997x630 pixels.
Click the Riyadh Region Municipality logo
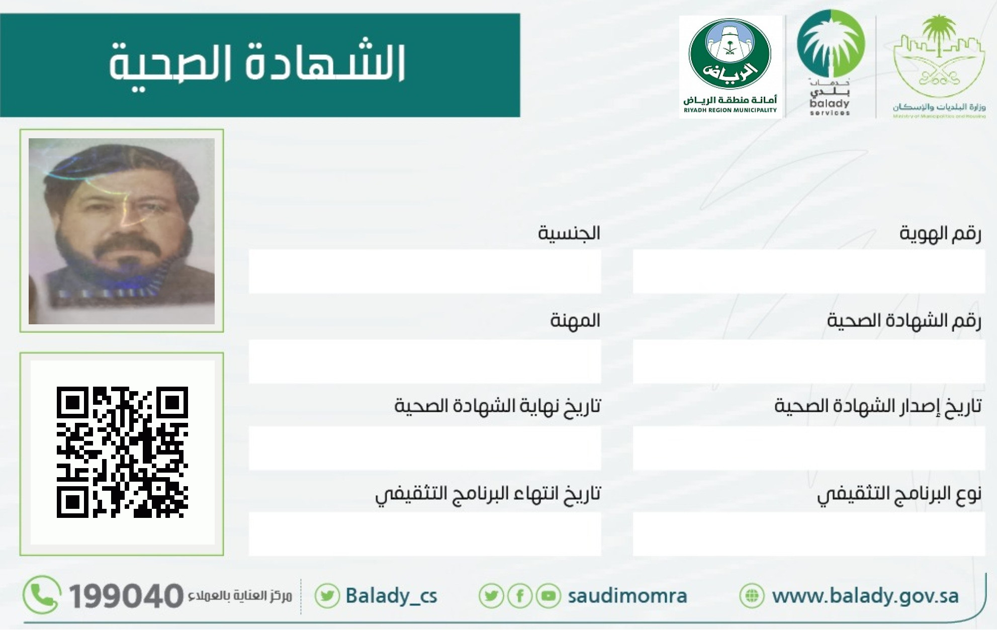(x=730, y=67)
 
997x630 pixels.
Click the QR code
(x=122, y=452)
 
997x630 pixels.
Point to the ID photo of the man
(x=122, y=231)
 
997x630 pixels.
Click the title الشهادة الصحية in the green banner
(x=257, y=65)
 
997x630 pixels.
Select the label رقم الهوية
(x=940, y=233)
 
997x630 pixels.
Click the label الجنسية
(x=569, y=233)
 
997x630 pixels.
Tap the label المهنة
(x=575, y=320)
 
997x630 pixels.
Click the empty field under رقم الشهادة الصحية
(x=808, y=361)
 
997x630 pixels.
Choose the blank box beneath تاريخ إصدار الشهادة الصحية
(x=808, y=448)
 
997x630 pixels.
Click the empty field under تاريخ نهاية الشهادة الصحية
(x=425, y=448)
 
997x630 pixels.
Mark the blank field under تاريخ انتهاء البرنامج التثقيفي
(x=425, y=534)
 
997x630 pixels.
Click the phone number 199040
(x=126, y=596)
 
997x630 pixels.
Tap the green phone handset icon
(x=42, y=595)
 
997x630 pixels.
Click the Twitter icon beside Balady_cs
(x=327, y=596)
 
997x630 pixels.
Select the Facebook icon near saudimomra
(x=520, y=596)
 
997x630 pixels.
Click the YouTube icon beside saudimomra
(x=548, y=596)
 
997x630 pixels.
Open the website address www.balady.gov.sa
(x=865, y=596)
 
